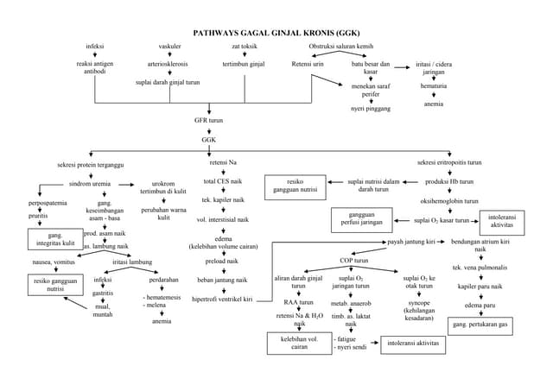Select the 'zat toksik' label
coord(245,45)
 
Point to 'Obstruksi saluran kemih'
coord(340,45)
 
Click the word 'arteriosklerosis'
coord(169,64)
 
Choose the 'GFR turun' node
coord(208,121)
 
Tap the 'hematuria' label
coord(434,87)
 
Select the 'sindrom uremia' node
coord(90,184)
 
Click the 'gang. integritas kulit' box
coord(54,239)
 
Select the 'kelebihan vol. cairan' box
coord(299,343)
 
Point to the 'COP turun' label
coord(353,260)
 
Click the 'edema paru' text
coord(480,306)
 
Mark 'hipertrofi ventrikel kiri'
coord(222,299)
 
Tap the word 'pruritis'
coord(38,216)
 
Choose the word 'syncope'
coord(418,304)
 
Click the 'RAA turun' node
coord(298,303)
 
